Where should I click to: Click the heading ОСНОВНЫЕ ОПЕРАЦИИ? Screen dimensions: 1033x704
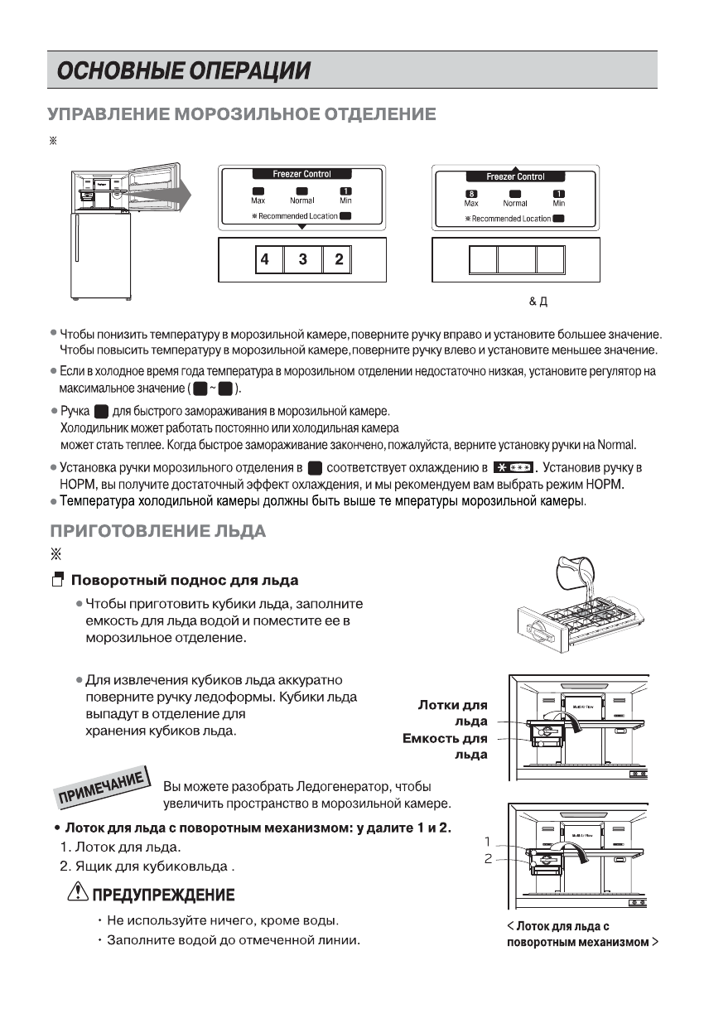(183, 70)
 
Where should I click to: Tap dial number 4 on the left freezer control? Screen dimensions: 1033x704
(264, 260)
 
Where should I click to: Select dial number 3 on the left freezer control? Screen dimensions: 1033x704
(302, 260)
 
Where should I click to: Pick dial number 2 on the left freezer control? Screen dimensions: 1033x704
(339, 260)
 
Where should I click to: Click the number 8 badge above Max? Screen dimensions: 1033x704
(470, 194)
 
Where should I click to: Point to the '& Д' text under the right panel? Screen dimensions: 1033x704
(538, 301)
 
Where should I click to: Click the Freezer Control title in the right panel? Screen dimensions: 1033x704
(514, 176)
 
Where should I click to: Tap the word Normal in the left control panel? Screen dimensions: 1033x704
(302, 201)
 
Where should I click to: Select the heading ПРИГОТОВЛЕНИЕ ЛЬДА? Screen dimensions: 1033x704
(157, 531)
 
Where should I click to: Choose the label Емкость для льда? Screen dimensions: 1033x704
(445, 746)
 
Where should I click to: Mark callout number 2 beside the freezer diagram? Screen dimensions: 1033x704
(489, 859)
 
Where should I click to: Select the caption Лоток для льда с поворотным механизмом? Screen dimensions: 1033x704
(581, 934)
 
